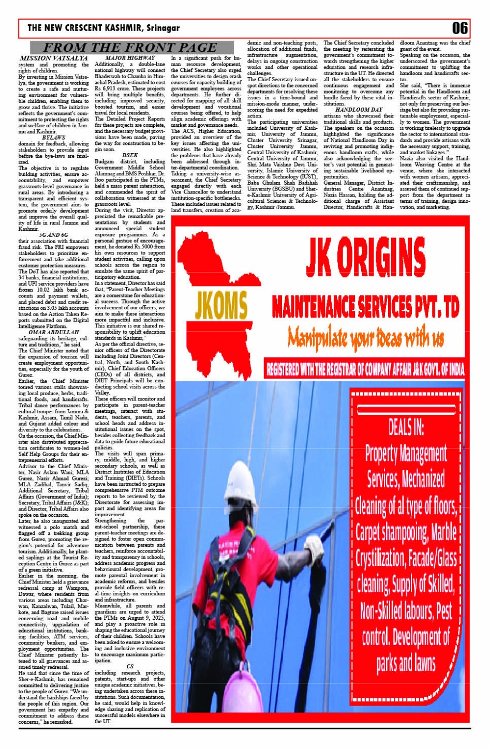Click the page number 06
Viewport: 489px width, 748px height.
pos(460,27)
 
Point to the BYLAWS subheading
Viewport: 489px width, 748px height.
pos(54,138)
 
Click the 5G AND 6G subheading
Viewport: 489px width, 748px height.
pos(54,235)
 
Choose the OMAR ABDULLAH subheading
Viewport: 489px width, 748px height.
pos(54,332)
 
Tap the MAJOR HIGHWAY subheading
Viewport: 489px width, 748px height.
pos(130,58)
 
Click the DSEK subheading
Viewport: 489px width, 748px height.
pos(130,155)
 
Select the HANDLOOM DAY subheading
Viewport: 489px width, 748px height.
pos(359,110)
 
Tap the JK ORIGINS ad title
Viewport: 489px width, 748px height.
pos(365,257)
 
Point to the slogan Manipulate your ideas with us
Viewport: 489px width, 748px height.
pos(366,337)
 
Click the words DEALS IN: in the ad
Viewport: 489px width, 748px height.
pos(406,427)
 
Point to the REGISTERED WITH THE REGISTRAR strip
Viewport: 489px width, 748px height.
pos(365,369)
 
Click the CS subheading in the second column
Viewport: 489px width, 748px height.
pos(130,666)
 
